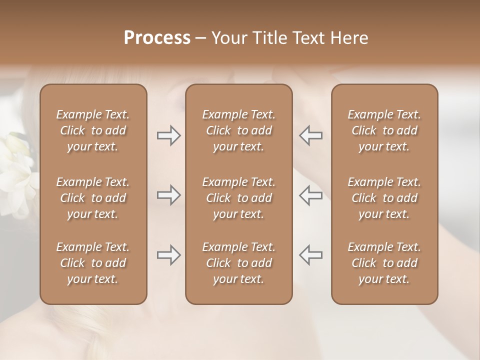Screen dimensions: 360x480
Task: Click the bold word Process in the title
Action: click(x=157, y=38)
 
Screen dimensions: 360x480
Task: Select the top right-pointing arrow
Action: click(x=168, y=135)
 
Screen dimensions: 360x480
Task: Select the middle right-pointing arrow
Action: click(x=168, y=195)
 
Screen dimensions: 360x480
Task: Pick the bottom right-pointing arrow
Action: click(x=168, y=255)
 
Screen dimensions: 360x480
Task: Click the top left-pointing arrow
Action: click(x=310, y=135)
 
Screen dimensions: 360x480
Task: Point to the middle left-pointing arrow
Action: click(x=310, y=195)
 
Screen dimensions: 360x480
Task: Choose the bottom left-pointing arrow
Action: click(x=310, y=255)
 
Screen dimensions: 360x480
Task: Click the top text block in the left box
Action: click(x=93, y=130)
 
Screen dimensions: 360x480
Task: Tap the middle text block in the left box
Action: click(x=93, y=198)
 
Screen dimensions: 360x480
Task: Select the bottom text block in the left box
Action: click(x=93, y=263)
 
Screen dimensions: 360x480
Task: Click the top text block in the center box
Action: click(x=239, y=130)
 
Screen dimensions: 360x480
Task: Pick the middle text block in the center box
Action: click(x=239, y=198)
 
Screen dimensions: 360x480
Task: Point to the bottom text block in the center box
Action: click(x=239, y=263)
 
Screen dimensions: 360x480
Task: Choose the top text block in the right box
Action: click(x=384, y=130)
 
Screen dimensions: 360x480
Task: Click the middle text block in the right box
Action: click(x=384, y=198)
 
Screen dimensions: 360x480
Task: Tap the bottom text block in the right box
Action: click(x=384, y=263)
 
